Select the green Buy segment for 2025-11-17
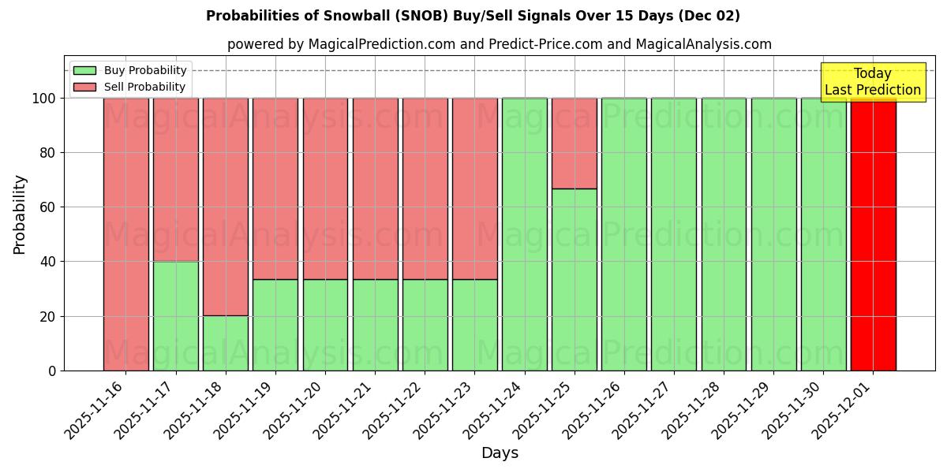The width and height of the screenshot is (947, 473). pos(175,315)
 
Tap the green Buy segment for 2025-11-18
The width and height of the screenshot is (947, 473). pos(225,343)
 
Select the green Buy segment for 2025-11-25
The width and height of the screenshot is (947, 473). pos(574,280)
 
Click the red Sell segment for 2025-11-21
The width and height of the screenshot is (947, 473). pos(375,188)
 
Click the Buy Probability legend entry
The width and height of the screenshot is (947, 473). pos(130,70)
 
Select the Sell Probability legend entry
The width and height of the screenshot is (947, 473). pos(130,87)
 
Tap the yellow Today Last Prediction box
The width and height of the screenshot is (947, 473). pos(872,82)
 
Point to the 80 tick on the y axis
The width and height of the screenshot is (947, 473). pos(49,153)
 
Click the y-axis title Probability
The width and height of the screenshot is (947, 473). pos(20,214)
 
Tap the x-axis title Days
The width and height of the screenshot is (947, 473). pos(500,453)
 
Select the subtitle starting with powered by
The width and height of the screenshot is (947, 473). pos(499,44)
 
